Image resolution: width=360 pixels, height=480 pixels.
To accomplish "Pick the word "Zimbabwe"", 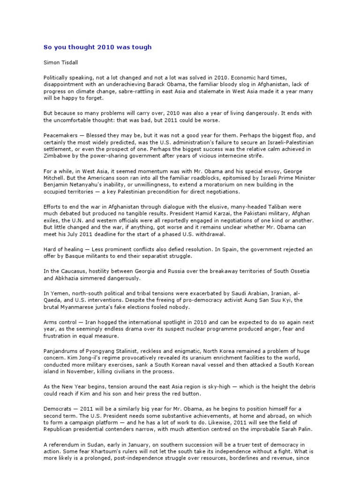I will [58, 156].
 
